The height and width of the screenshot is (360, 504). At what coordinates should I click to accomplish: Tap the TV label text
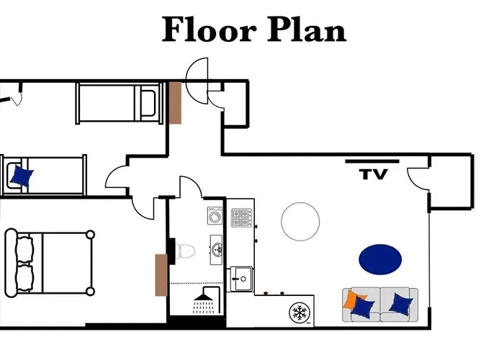[x=374, y=174]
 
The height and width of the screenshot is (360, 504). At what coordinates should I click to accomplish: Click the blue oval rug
[x=380, y=258]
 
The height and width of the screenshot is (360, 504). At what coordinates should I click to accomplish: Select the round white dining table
[x=300, y=221]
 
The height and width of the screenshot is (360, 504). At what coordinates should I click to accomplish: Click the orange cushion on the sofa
[x=351, y=300]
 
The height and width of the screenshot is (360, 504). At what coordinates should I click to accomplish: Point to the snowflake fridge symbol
[x=300, y=312]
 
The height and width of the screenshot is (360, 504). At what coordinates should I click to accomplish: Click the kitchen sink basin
[x=241, y=276]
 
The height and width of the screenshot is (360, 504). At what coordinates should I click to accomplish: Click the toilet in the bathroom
[x=185, y=250]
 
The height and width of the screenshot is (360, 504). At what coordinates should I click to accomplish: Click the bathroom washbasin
[x=215, y=249]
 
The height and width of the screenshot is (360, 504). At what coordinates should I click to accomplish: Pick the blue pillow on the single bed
[x=22, y=175]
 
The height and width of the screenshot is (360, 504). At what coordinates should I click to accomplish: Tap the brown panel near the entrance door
[x=174, y=103]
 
